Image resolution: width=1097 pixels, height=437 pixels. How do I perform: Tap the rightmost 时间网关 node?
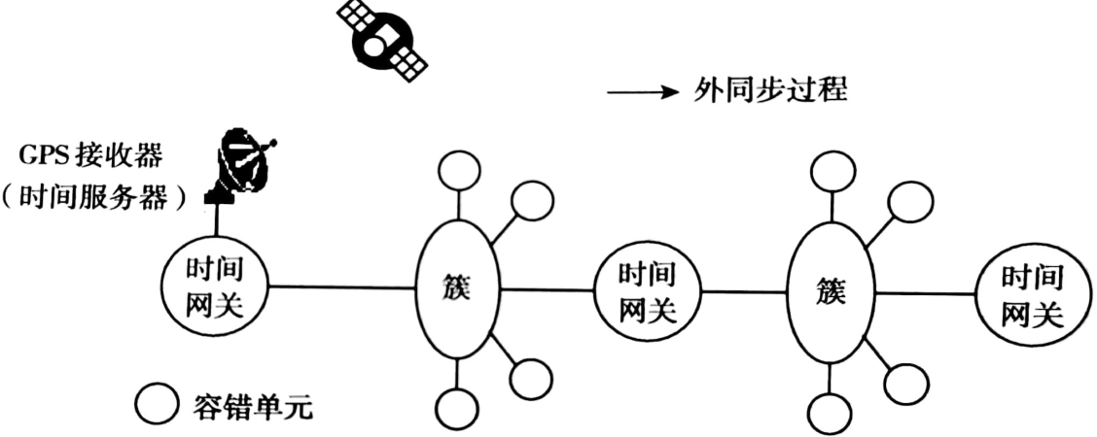[x=1031, y=292]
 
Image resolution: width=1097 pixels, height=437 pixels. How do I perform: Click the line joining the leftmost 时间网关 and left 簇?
[x=340, y=286]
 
